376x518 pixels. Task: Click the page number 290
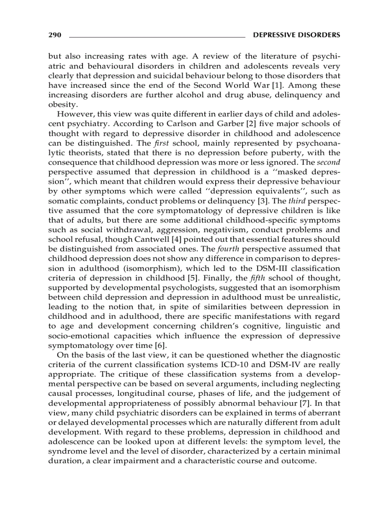click(x=55, y=35)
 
